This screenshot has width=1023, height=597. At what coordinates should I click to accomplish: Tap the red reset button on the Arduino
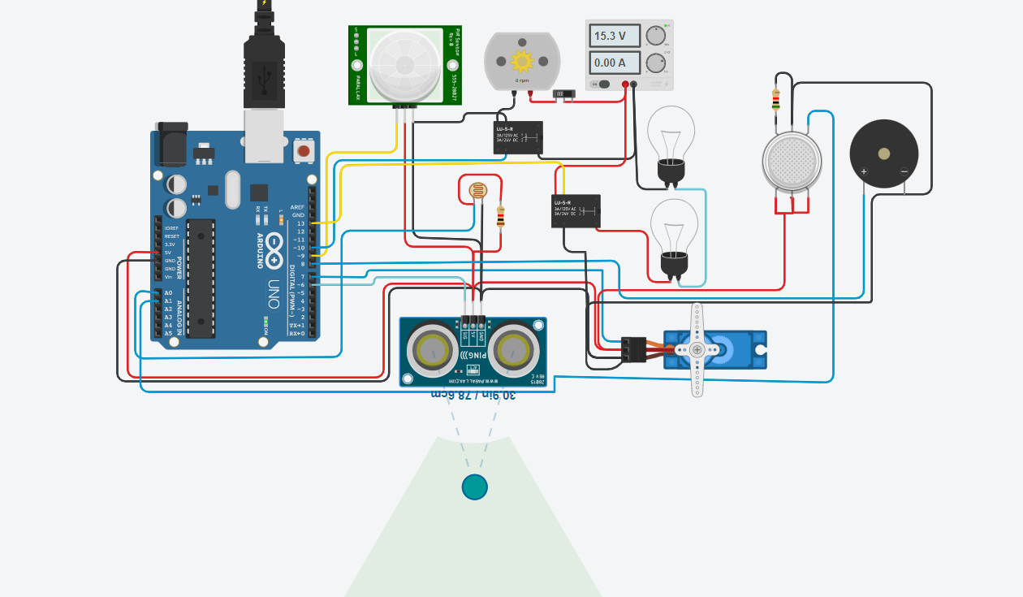(x=304, y=150)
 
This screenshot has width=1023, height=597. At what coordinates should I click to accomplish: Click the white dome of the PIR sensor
(x=404, y=63)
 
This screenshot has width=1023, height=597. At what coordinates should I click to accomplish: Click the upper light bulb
(x=671, y=134)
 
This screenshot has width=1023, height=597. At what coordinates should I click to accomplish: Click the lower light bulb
(x=674, y=227)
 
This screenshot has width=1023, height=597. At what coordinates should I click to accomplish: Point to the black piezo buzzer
(x=883, y=154)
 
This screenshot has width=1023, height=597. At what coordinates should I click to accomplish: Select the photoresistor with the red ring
(x=479, y=192)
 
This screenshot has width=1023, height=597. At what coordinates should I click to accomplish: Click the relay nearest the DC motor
(x=518, y=138)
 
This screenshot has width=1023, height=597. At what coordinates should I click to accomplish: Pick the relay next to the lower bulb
(x=576, y=211)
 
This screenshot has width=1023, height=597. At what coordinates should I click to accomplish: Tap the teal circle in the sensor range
(x=474, y=487)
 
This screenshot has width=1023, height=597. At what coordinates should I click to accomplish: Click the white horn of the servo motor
(x=697, y=350)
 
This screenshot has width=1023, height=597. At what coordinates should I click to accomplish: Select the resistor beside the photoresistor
(x=501, y=216)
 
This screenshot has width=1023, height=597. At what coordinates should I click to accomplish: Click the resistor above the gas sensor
(x=776, y=98)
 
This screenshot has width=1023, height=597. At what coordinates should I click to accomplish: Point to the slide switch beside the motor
(x=562, y=94)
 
